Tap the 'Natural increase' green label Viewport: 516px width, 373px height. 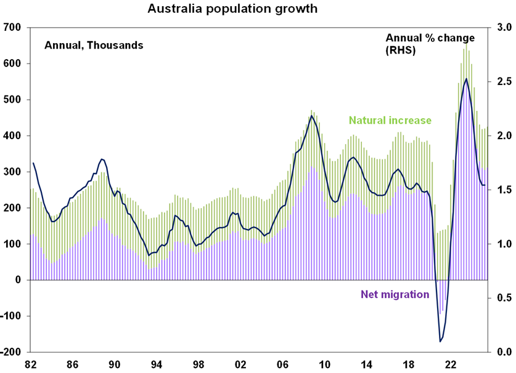pos(390,121)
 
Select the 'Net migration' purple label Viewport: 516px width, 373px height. pos(394,294)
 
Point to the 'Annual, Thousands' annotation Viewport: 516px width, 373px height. pos(93,45)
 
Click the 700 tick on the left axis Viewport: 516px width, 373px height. pos(14,28)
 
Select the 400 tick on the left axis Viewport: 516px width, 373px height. pos(14,136)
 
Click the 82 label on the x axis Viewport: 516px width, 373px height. pos(30,364)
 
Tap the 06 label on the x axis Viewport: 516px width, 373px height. pos(282,364)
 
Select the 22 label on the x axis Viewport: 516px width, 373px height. pos(451,364)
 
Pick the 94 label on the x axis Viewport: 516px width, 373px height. pos(157,364)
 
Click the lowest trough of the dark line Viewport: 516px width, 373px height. pos(440,342)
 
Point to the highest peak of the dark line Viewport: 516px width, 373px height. pos(465,79)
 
